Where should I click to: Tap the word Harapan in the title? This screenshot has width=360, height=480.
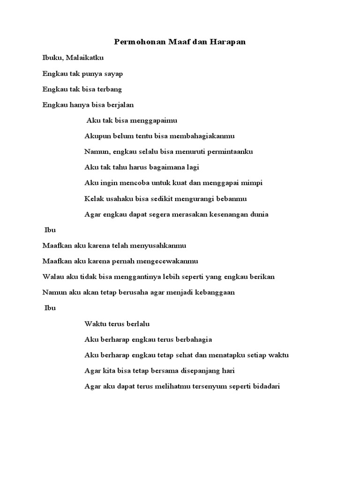click(x=229, y=42)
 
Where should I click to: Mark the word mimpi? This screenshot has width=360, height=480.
click(x=241, y=183)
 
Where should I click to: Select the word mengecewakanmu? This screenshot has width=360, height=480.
click(x=172, y=261)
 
